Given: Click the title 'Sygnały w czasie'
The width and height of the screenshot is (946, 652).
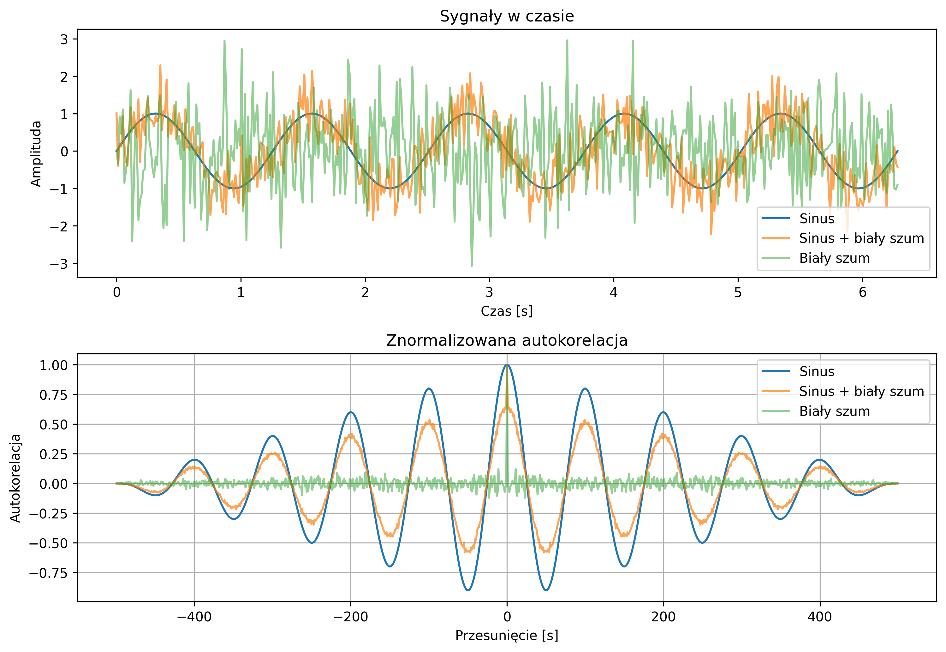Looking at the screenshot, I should pos(506,16).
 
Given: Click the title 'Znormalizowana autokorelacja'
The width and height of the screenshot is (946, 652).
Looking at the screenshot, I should pos(506,340).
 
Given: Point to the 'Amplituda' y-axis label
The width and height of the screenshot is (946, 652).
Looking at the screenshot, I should pos(36,153).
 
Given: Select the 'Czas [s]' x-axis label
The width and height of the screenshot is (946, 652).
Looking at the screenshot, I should pos(506,311).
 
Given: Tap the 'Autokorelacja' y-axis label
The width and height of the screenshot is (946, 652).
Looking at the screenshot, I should pos(15,478).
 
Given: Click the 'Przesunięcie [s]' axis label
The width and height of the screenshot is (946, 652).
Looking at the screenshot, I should pos(506,635).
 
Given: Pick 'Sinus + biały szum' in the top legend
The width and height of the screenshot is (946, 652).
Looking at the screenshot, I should pos(861,238).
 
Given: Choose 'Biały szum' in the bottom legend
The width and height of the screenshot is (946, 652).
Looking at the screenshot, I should pos(834,411).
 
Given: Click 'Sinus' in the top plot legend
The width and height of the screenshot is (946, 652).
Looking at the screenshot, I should pos(817,218).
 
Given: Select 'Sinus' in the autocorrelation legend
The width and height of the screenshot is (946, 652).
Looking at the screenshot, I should pos(817,371).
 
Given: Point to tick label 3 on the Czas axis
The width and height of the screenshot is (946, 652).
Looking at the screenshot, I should pos(489,292).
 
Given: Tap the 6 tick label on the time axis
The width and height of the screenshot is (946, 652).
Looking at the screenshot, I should pos(862,292).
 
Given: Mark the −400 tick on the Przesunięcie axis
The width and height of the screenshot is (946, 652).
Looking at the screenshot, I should pos(194,617).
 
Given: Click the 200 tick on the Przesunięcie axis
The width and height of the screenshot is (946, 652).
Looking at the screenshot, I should pos(663,617).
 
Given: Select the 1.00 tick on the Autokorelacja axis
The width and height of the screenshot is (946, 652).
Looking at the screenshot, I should pos(53,365).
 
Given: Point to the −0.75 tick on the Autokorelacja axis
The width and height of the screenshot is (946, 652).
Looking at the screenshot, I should pos(48,573).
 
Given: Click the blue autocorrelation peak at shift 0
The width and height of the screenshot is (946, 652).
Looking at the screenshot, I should pos(507,365).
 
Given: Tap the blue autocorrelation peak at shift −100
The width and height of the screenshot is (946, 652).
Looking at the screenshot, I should pos(429,388).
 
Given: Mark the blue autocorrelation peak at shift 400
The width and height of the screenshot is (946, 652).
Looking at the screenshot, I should pos(819,460).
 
